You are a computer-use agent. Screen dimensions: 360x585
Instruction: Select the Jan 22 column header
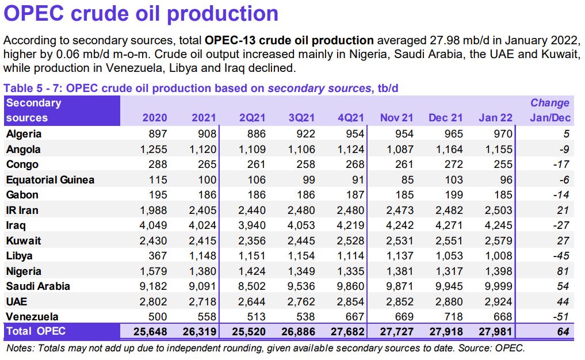pyautogui.click(x=495, y=118)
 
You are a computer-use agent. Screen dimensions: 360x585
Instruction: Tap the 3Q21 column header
pyautogui.click(x=301, y=118)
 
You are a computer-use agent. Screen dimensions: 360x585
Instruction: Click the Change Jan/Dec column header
pyautogui.click(x=549, y=110)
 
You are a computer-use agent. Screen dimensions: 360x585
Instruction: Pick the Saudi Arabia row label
pyautogui.click(x=38, y=286)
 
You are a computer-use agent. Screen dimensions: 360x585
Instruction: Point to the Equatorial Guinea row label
pyautogui.click(x=50, y=179)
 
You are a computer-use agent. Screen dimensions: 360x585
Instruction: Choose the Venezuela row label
pyautogui.click(x=32, y=316)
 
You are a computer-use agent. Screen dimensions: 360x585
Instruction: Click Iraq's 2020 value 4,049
pyautogui.click(x=152, y=225)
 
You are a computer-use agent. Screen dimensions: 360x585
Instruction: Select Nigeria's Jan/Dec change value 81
pyautogui.click(x=563, y=271)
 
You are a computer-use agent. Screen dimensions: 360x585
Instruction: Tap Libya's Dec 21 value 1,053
pyautogui.click(x=447, y=255)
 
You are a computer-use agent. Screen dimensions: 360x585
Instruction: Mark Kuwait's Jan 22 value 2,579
pyautogui.click(x=496, y=240)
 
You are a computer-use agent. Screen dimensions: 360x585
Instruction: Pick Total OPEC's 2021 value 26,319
pyautogui.click(x=200, y=331)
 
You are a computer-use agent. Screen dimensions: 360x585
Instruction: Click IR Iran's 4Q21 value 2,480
pyautogui.click(x=350, y=210)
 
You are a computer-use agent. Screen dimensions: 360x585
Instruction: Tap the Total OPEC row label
pyautogui.click(x=36, y=331)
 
